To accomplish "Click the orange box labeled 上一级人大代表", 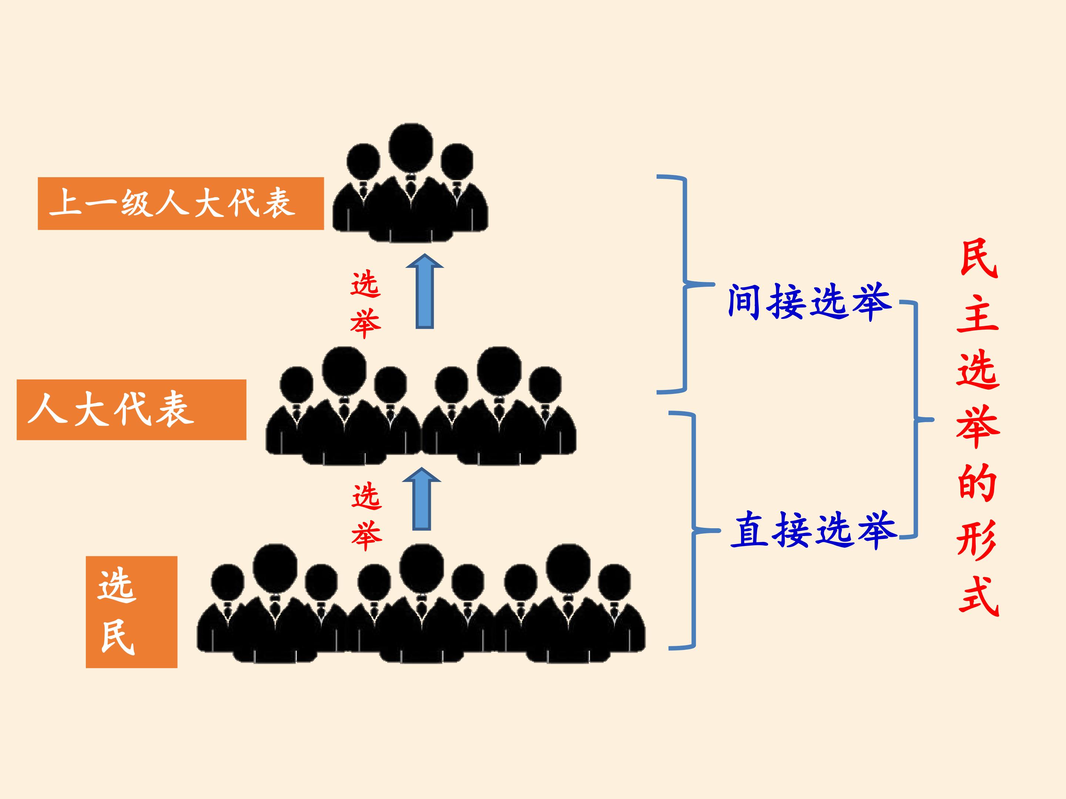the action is [181, 203].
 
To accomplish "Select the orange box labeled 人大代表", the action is [131, 410].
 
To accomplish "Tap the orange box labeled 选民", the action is [131, 612].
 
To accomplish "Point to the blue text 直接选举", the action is [814, 530].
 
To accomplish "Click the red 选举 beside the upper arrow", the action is [366, 304].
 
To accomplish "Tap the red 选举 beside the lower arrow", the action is [367, 517].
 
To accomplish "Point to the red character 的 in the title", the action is [977, 483].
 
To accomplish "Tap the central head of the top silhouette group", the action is [410, 147].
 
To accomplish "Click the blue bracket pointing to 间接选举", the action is [685, 284].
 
